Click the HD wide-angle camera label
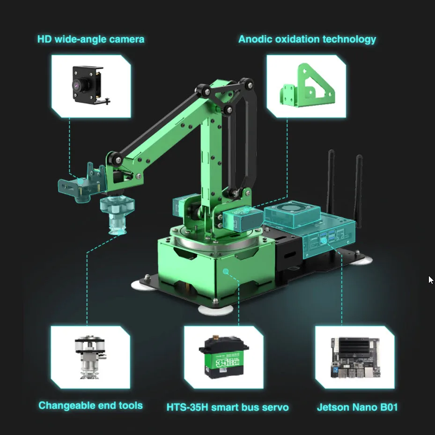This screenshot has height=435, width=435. [91, 39]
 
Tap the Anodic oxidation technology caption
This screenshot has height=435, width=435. [307, 39]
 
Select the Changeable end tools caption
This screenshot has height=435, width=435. [90, 406]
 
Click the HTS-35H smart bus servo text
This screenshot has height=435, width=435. [228, 407]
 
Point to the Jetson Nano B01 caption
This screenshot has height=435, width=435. [357, 407]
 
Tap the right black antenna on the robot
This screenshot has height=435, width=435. [359, 187]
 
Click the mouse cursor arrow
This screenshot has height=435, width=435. [430, 280]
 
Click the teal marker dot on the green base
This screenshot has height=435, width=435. [225, 271]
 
